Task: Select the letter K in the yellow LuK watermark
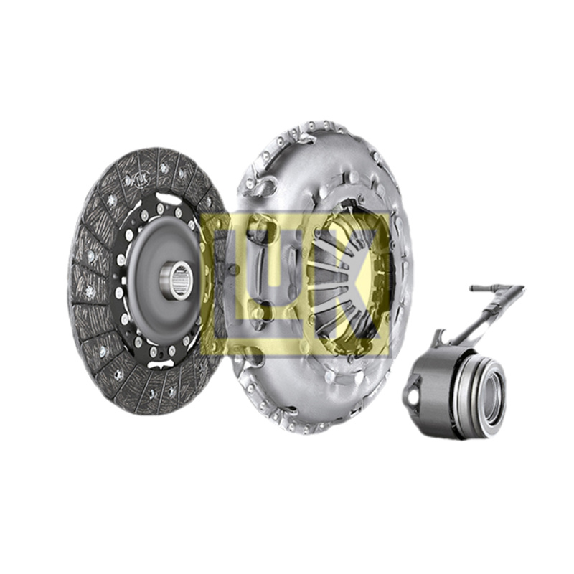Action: point(352,283)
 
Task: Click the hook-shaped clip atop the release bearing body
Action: point(440,338)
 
